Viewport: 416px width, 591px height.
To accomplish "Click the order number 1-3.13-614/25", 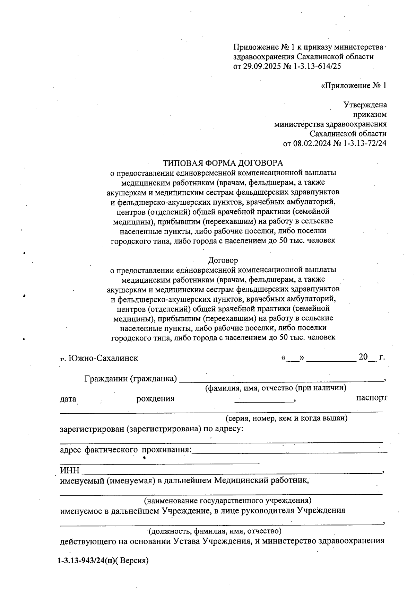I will (317, 67).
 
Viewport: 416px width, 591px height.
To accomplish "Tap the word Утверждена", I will (365, 105).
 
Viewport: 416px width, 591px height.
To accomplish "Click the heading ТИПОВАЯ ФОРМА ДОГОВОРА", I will (223, 163).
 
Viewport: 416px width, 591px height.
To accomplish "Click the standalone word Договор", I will (223, 260).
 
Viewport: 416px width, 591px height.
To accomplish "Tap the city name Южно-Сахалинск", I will (103, 358).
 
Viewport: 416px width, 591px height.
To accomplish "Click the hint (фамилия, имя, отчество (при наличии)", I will (276, 388).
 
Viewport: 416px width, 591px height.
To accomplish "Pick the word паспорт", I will (372, 398).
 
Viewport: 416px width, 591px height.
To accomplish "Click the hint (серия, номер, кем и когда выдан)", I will (286, 418).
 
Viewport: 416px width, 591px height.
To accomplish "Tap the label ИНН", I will (70, 470).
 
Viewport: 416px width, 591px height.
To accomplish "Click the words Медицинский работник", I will (261, 480).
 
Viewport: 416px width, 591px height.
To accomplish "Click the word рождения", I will (155, 399).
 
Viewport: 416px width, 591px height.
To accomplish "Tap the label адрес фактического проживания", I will (125, 450).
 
